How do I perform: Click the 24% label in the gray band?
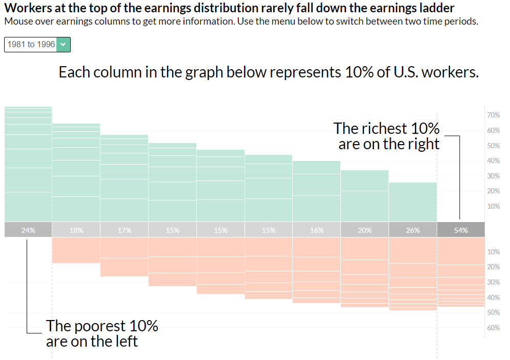click(28, 230)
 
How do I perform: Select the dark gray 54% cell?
click(461, 230)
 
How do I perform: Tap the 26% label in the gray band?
click(413, 230)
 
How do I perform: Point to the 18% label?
click(76, 230)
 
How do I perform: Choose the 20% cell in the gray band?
click(364, 230)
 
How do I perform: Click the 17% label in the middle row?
click(125, 230)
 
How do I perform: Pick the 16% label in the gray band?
click(317, 230)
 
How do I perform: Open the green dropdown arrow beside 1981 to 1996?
click(63, 45)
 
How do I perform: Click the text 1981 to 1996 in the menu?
click(31, 45)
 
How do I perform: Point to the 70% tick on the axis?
click(493, 115)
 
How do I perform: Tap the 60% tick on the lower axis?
click(493, 328)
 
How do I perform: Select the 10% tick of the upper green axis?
click(493, 206)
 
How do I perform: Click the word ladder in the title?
click(438, 9)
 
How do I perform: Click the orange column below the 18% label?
click(76, 250)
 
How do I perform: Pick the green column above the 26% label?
click(413, 202)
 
